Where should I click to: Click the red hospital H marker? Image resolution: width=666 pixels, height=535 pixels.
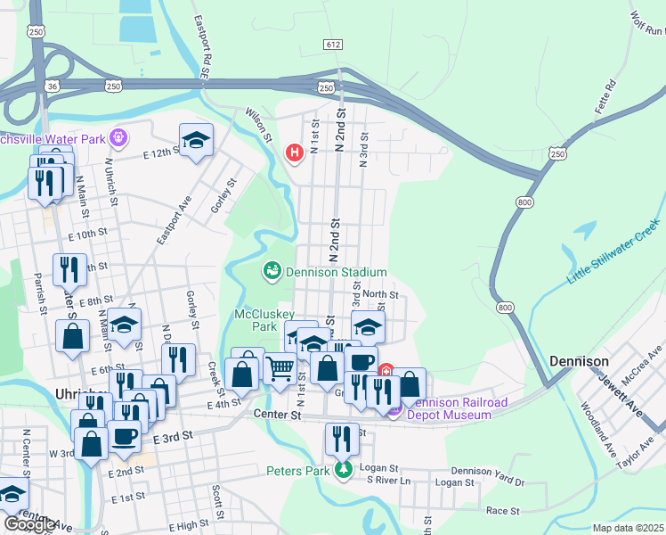tap(295, 154)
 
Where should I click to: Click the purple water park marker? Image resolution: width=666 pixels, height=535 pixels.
tap(117, 138)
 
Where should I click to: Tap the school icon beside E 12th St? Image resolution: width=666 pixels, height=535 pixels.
tap(196, 140)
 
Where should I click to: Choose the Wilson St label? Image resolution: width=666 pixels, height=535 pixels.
tap(259, 123)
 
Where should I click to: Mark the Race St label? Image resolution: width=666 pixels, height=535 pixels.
tap(501, 511)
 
